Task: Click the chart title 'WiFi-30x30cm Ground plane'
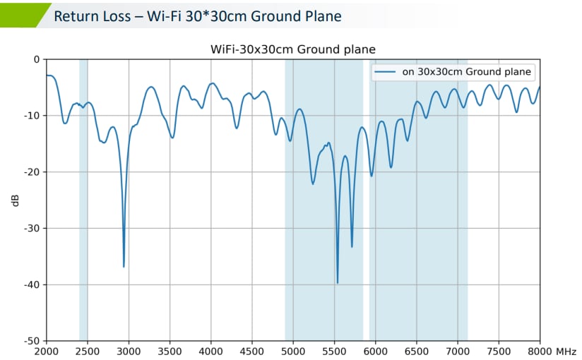coord(292,49)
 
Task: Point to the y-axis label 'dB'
coord(16,200)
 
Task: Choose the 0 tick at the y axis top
coord(37,59)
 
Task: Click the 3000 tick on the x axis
coord(129,351)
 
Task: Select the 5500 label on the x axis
coord(334,351)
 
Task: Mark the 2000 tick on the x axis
coord(46,351)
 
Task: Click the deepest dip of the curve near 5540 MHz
coord(338,282)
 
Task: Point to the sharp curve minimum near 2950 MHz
coord(124,266)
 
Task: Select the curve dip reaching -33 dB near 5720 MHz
coord(352,246)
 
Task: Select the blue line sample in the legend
coord(386,71)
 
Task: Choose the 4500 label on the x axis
coord(252,351)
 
